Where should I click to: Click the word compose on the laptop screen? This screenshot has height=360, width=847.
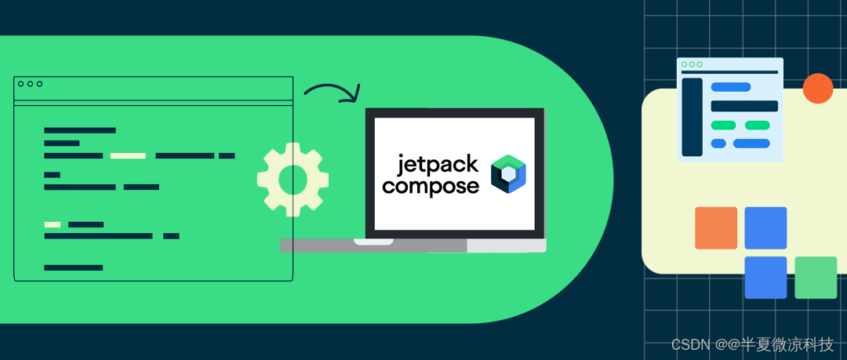click(x=430, y=187)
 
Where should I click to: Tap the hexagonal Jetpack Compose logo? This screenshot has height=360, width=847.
click(x=507, y=174)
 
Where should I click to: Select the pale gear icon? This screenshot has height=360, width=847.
click(x=293, y=178)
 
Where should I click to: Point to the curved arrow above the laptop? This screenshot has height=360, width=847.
click(x=332, y=92)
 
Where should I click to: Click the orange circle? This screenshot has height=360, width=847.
click(x=818, y=89)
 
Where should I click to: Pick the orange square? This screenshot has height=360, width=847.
click(x=716, y=228)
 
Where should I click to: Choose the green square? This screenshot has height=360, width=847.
click(x=816, y=278)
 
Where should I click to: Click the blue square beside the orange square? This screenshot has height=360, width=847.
click(x=765, y=228)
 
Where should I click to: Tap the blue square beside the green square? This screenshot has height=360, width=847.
click(x=765, y=278)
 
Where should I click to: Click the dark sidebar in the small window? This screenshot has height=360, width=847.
click(x=692, y=117)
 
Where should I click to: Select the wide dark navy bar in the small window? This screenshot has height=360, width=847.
click(x=744, y=106)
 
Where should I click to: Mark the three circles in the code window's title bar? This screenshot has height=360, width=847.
click(x=30, y=84)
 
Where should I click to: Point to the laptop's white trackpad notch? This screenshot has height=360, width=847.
click(x=373, y=242)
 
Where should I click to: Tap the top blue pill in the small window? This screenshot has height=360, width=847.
click(x=730, y=87)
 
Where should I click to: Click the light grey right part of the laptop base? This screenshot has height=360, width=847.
click(x=507, y=245)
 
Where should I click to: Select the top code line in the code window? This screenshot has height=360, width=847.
click(x=80, y=130)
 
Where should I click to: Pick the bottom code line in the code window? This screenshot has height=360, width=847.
click(x=74, y=267)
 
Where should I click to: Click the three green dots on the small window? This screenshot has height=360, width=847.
click(x=692, y=64)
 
